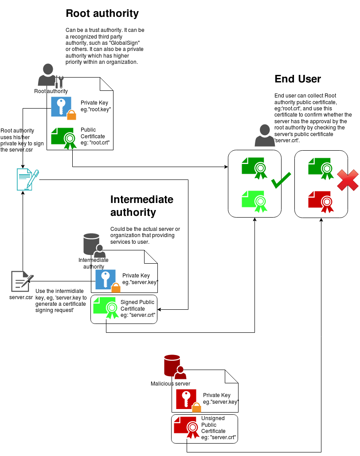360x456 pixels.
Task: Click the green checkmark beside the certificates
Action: click(x=281, y=180)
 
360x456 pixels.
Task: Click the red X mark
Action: click(x=348, y=180)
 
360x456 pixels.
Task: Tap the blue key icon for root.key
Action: click(x=61, y=107)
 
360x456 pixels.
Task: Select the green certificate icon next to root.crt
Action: click(x=64, y=138)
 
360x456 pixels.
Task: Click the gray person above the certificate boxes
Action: click(x=265, y=136)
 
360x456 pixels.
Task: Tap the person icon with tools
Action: click(x=50, y=75)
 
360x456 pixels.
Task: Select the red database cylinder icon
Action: click(x=172, y=365)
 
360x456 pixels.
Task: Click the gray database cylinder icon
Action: click(x=91, y=244)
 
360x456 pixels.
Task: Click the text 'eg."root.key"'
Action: click(x=95, y=109)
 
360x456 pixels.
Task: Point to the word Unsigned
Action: click(x=213, y=418)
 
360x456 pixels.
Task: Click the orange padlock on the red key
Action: click(x=196, y=407)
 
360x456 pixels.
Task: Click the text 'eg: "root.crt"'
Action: click(x=95, y=143)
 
